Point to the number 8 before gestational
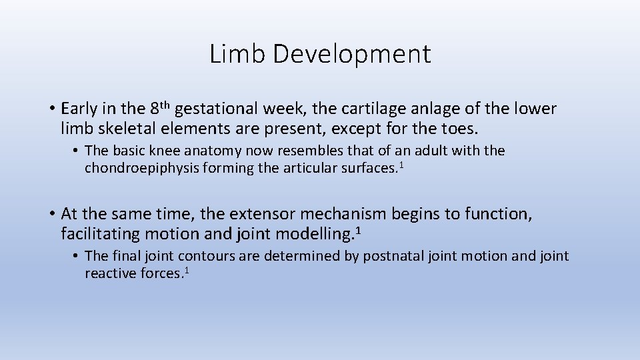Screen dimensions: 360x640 point(155,108)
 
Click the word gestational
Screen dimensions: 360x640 point(219,108)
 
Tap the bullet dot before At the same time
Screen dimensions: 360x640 point(51,214)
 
